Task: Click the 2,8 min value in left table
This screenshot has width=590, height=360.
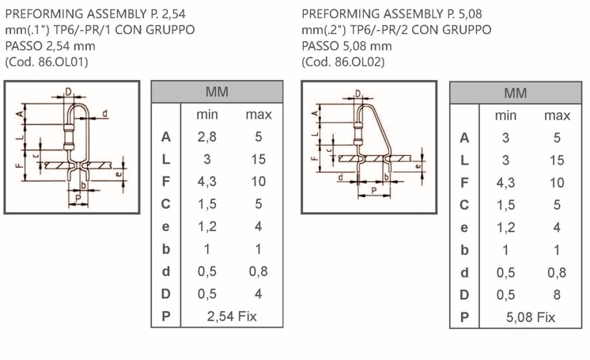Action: (x=207, y=137)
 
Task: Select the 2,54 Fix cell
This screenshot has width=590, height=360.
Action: (x=232, y=316)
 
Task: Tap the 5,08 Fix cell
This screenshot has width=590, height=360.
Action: (x=531, y=317)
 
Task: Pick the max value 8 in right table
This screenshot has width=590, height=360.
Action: (x=557, y=295)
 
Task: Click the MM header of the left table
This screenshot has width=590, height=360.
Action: (x=217, y=92)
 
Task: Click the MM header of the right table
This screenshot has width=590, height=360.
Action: (x=515, y=93)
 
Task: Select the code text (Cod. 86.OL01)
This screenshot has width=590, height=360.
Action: (x=47, y=62)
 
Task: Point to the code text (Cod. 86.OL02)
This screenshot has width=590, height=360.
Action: (x=343, y=62)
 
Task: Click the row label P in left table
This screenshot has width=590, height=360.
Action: (x=165, y=316)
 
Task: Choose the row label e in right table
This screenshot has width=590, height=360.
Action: (x=464, y=228)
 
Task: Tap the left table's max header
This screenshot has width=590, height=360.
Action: (x=259, y=115)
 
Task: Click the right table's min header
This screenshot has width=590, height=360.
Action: (x=505, y=116)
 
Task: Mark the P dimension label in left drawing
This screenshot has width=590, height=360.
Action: (x=78, y=198)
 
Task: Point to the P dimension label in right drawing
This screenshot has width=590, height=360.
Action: (x=373, y=191)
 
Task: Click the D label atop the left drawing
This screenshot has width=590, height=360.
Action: (x=69, y=92)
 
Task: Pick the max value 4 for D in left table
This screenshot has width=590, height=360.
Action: (x=258, y=294)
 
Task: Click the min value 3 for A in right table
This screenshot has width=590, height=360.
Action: (x=505, y=138)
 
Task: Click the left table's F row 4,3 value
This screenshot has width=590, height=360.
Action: (x=207, y=181)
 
